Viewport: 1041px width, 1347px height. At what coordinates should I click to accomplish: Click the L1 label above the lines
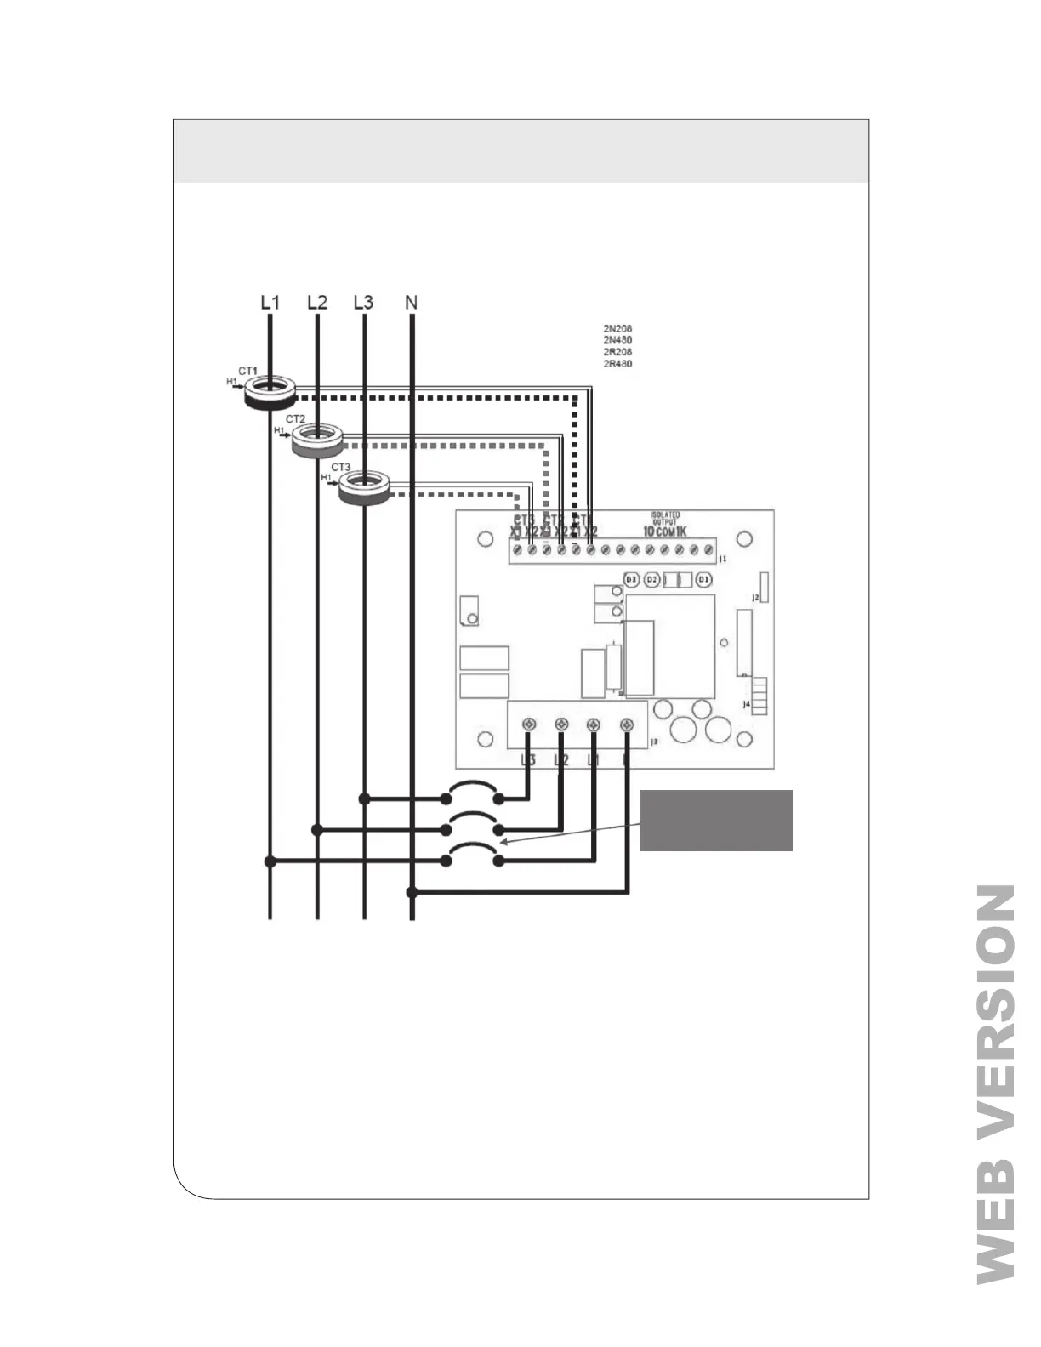(270, 303)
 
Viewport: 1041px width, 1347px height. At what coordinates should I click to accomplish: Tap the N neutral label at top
(412, 303)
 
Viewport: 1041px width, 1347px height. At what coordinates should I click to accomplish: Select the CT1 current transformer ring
(270, 393)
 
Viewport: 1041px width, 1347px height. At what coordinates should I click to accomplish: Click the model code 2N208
(617, 328)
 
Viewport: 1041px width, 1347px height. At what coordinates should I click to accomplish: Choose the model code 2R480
(617, 364)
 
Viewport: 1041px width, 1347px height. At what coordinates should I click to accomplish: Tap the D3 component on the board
(631, 579)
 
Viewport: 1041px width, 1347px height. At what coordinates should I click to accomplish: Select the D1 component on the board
(703, 579)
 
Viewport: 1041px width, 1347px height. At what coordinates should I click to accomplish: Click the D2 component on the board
(651, 579)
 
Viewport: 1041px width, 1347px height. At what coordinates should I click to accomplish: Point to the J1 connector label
(722, 560)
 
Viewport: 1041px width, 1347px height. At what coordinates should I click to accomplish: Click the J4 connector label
(746, 704)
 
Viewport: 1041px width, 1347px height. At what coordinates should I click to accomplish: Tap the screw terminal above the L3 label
(528, 725)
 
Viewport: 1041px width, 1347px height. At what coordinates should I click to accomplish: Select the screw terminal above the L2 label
(560, 725)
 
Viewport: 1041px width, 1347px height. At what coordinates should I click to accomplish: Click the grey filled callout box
(716, 820)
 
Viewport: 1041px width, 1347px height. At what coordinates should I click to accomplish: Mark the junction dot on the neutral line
(412, 892)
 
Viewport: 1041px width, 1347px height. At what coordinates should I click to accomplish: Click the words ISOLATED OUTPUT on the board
(665, 518)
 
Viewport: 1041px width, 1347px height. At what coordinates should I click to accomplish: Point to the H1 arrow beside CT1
(233, 383)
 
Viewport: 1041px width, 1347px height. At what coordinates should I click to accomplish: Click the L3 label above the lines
(363, 303)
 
